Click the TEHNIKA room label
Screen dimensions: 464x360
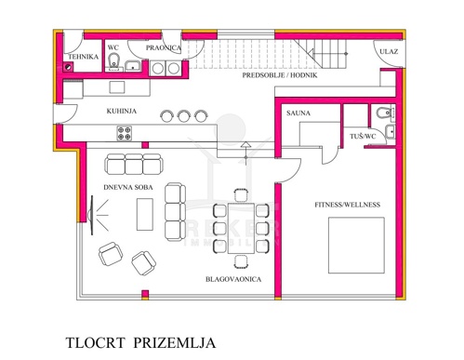pos(83,57)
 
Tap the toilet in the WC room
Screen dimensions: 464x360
pos(114,60)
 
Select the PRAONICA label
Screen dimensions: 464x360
pos(164,47)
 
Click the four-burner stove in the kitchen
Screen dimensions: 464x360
pos(125,133)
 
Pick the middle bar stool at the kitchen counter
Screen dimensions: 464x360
pos(183,115)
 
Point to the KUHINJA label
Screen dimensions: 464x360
pos(122,111)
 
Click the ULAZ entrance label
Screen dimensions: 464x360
pos(389,51)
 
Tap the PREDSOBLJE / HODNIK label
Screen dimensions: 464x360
pos(280,75)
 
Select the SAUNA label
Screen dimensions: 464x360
pos(298,113)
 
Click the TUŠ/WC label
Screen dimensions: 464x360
pos(363,136)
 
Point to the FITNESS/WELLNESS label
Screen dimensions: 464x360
pos(347,205)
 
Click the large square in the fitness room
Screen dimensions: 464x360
pos(356,246)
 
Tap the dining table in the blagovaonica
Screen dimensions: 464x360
pos(241,228)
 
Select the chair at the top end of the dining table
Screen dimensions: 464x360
pos(241,195)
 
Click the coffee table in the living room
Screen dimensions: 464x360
pos(145,214)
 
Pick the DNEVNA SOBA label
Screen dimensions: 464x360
pos(128,187)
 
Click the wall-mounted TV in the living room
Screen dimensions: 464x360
pos(91,215)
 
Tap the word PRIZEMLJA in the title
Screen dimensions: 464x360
pos(175,343)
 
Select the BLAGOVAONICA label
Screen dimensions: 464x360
pos(233,279)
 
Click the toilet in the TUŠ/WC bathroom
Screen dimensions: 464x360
pos(384,113)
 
